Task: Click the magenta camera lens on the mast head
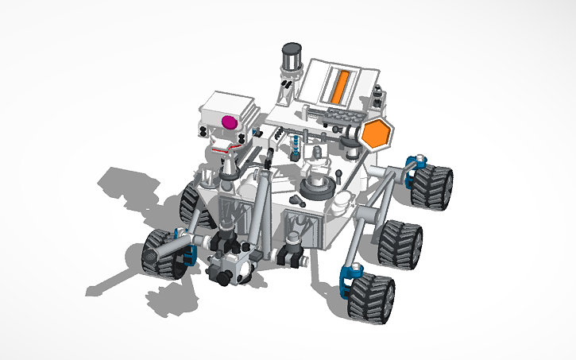229,122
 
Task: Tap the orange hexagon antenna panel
374,134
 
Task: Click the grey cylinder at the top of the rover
292,60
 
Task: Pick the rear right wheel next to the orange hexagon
434,185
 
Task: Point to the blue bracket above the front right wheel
346,276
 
